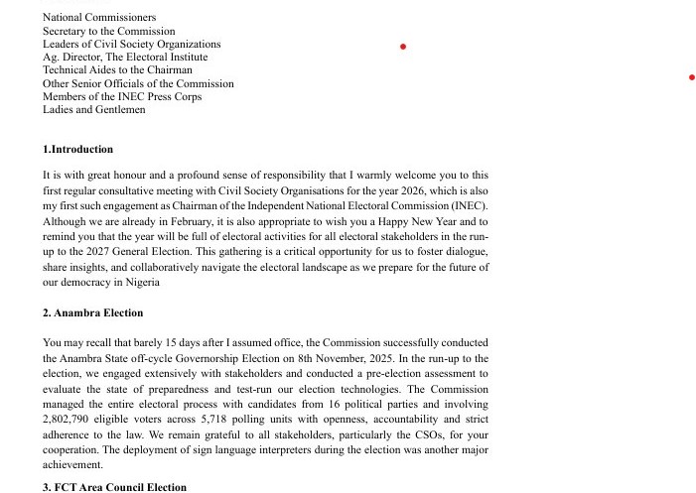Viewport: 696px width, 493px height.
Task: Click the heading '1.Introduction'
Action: (x=77, y=150)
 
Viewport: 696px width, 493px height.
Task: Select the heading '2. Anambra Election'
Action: (x=92, y=313)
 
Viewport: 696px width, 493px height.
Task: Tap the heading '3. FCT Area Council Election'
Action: (x=114, y=487)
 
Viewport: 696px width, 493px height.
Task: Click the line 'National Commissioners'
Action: (x=99, y=18)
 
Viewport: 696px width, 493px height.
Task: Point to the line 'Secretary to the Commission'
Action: (x=108, y=31)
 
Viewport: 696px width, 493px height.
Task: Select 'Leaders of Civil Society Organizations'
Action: (x=131, y=44)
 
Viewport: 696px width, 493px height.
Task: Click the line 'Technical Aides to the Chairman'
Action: (x=117, y=70)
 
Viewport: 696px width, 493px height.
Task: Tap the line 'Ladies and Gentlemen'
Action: (x=93, y=109)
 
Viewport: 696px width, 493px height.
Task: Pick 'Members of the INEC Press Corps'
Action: (x=121, y=96)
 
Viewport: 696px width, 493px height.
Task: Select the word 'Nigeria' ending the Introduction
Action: (x=142, y=283)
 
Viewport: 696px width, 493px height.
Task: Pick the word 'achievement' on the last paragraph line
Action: (x=72, y=464)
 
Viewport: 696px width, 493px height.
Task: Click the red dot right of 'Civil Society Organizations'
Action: (x=402, y=47)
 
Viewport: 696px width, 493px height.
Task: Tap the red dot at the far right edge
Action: (x=691, y=77)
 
